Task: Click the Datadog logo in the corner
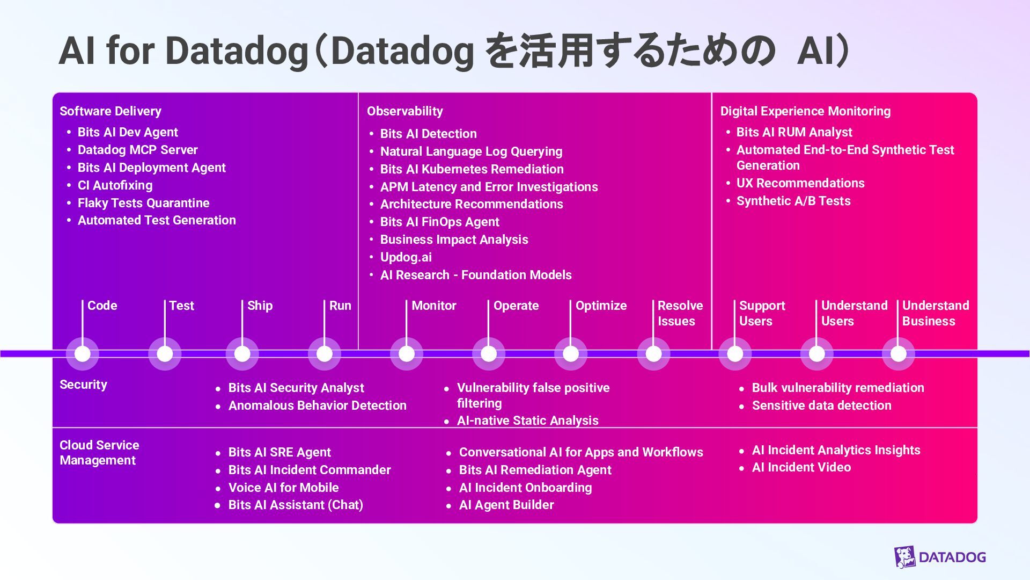tap(940, 557)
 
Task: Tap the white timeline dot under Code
tap(83, 354)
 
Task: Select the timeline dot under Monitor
tap(407, 354)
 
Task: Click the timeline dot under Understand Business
tap(899, 354)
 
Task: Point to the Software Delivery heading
tap(111, 111)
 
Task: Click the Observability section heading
tap(405, 111)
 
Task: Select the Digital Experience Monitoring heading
tap(805, 111)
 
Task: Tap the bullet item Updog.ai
tap(406, 257)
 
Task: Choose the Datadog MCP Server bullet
tap(137, 150)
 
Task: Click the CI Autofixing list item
tap(115, 185)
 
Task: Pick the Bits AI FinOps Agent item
tap(439, 222)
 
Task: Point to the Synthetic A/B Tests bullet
tap(793, 201)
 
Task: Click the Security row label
tap(83, 385)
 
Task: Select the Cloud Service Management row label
tap(99, 453)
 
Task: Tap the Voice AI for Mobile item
tap(283, 488)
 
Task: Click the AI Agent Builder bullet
tap(506, 505)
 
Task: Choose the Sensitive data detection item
tap(821, 405)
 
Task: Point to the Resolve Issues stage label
tap(680, 313)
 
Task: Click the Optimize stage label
tap(601, 306)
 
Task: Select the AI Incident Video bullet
tap(801, 467)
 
